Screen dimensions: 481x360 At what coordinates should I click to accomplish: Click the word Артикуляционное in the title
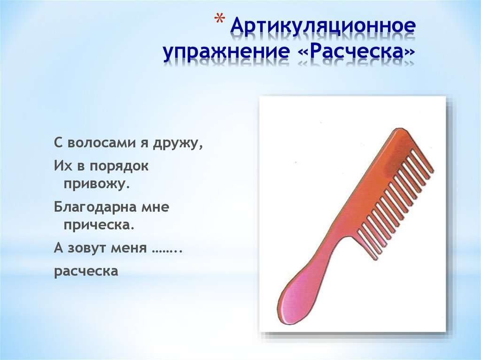pyautogui.click(x=323, y=26)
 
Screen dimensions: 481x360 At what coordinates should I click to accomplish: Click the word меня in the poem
pyautogui.click(x=129, y=248)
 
